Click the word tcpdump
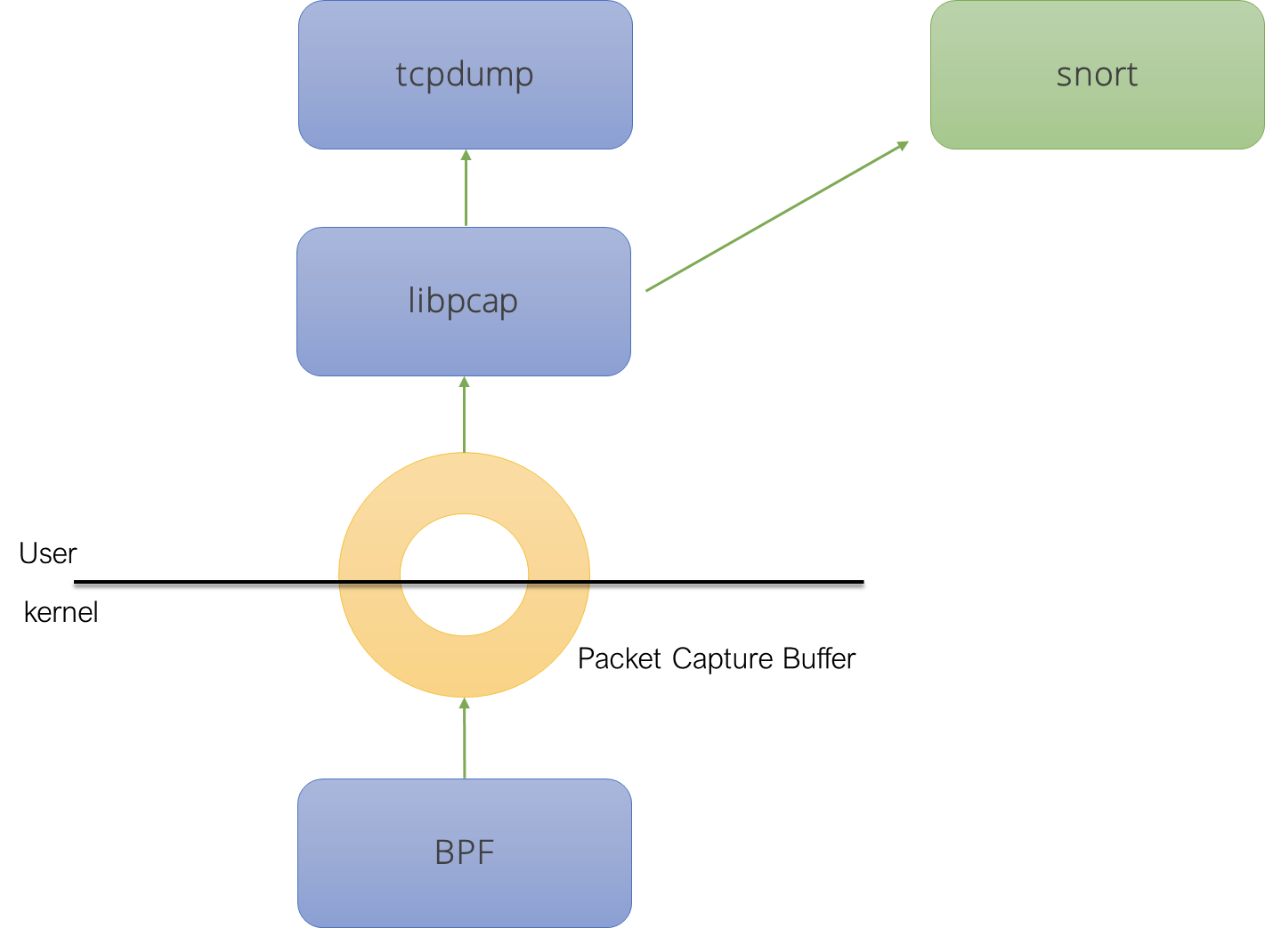(x=465, y=75)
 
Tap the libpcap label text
(x=463, y=301)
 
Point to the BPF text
(x=464, y=852)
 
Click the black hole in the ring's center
(x=464, y=575)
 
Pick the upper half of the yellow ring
(x=464, y=485)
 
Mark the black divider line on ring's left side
(x=369, y=582)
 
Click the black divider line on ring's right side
(x=559, y=582)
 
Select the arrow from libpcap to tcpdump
(x=466, y=191)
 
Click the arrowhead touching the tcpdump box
(x=466, y=156)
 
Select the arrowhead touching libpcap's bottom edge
(x=464, y=383)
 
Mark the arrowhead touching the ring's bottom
(x=464, y=705)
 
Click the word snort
(x=1097, y=75)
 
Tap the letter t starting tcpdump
(x=401, y=75)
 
